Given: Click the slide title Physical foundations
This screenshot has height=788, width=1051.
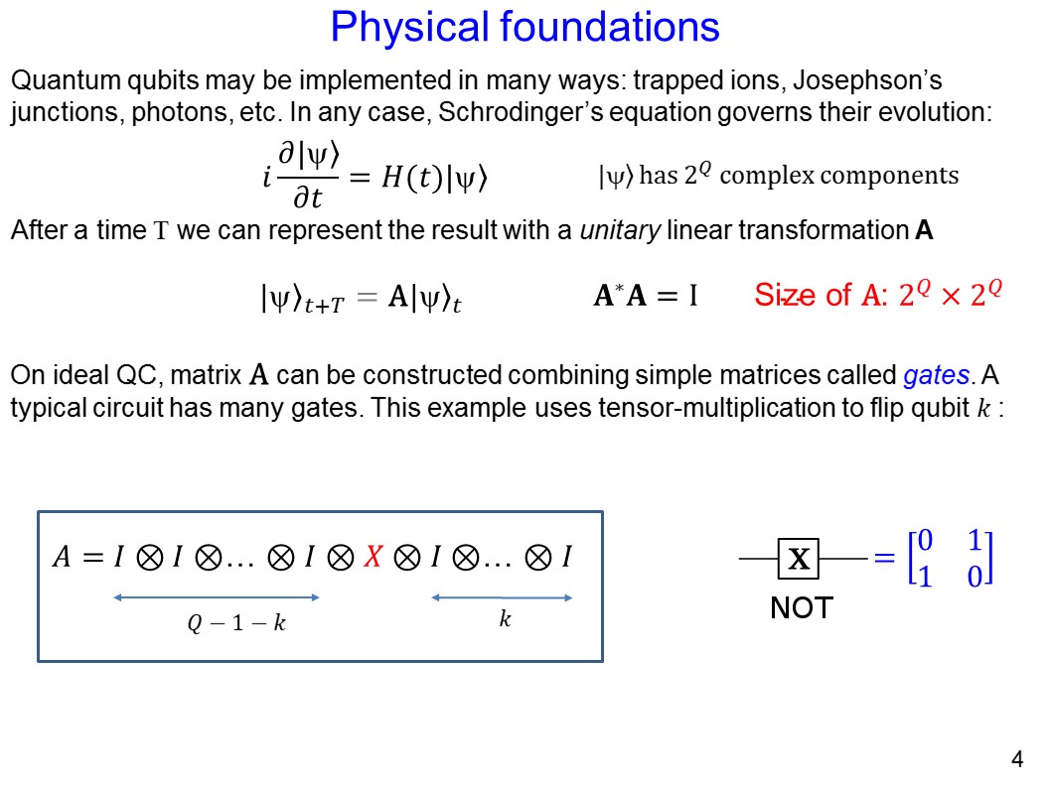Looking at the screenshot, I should (525, 27).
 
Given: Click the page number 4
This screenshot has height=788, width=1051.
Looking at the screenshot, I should (1016, 761).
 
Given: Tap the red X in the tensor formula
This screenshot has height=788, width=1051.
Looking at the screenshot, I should (373, 558).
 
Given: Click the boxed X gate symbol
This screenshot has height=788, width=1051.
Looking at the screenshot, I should (798, 561).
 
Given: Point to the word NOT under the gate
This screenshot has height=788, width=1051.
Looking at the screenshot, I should (801, 607).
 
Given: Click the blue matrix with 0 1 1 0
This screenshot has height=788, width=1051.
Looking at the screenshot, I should (951, 559).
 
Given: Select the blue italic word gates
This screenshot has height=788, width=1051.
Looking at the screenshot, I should (936, 376).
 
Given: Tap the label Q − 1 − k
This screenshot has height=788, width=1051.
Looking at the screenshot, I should (236, 624).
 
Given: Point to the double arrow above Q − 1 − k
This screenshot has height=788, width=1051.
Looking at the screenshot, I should (217, 597).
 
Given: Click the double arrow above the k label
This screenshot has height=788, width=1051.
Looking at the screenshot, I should (502, 597).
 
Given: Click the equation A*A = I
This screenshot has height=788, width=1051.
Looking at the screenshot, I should (645, 296).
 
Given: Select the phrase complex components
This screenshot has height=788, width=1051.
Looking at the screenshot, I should (839, 177).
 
